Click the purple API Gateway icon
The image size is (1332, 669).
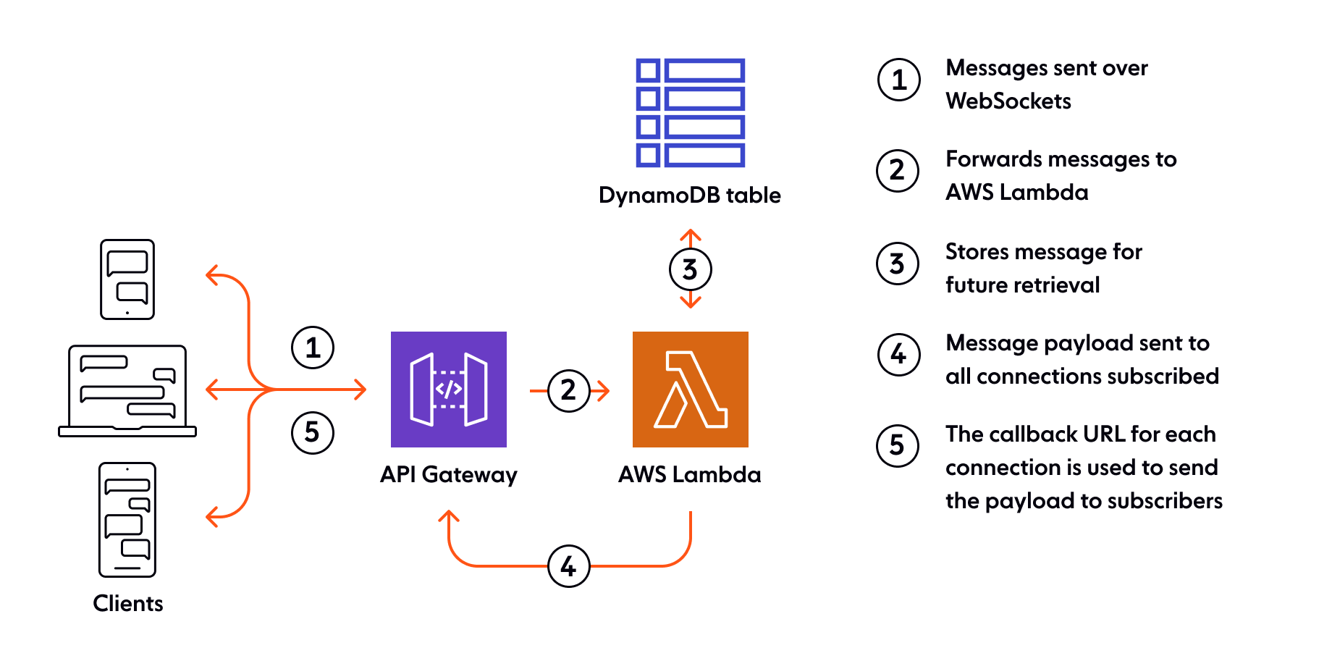coord(448,389)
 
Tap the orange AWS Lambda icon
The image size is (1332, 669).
coord(690,389)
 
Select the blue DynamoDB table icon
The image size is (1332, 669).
coord(690,112)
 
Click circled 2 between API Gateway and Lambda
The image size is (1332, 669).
coord(568,391)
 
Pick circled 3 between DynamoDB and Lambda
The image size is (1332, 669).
coord(690,269)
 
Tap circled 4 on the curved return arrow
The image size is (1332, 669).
coord(568,566)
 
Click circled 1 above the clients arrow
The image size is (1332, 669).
coord(313,348)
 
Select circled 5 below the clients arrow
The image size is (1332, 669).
coord(313,432)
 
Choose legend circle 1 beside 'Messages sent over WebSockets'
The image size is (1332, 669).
coord(898,80)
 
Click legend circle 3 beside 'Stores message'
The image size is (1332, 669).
coord(898,264)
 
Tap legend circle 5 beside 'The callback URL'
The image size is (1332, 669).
coord(898,445)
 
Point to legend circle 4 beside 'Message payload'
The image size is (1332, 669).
coord(898,355)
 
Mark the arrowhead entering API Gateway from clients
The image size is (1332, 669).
coord(361,390)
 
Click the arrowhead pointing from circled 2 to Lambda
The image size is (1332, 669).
coord(604,391)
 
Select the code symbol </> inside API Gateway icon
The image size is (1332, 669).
coord(448,389)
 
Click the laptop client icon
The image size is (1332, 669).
coord(127,391)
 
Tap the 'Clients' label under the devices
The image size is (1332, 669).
coord(128,603)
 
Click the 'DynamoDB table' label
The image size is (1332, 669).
coord(690,195)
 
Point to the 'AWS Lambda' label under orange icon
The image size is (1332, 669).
coord(690,475)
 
